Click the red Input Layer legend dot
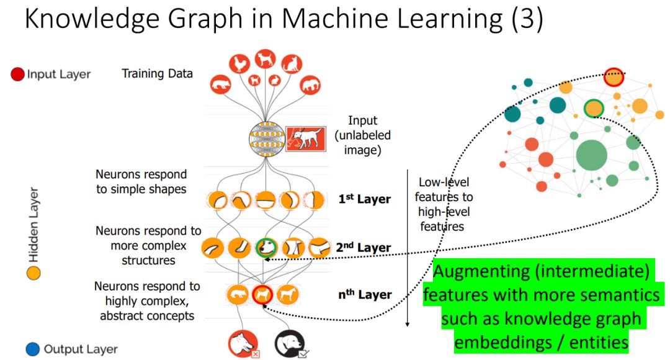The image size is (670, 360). pyautogui.click(x=17, y=74)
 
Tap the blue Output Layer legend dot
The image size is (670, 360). pyautogui.click(x=34, y=349)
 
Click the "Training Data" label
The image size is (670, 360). pyautogui.click(x=157, y=73)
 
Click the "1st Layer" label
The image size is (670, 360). pyautogui.click(x=364, y=199)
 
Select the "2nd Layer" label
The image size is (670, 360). pyautogui.click(x=364, y=248)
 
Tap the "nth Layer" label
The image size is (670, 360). pyautogui.click(x=364, y=294)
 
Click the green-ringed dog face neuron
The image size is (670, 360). pyautogui.click(x=266, y=248)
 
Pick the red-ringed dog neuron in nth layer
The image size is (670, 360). pyautogui.click(x=263, y=294)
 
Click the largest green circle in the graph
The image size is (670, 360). pyautogui.click(x=591, y=155)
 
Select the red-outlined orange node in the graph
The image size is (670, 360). pyautogui.click(x=614, y=78)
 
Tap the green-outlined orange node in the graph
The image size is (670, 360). pyautogui.click(x=594, y=109)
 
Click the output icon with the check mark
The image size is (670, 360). pyautogui.click(x=288, y=343)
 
